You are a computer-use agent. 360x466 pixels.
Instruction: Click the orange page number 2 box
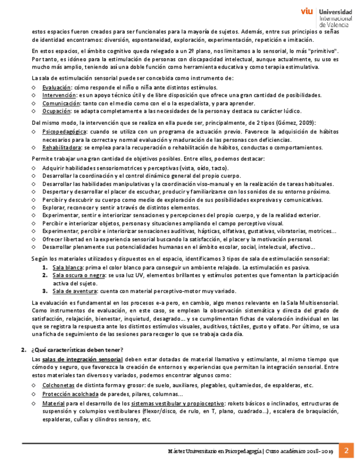[x=346, y=451]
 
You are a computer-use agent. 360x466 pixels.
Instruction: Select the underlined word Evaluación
[x=57, y=87]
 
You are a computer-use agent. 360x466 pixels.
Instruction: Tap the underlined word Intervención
[x=59, y=95]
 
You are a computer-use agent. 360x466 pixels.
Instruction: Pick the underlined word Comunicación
[x=61, y=103]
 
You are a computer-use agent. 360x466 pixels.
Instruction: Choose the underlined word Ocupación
[x=57, y=110]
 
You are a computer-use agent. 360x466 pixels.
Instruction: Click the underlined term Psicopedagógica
[x=64, y=132]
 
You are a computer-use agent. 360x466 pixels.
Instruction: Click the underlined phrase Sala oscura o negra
[x=78, y=275]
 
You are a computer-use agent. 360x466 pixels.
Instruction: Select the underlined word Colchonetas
[x=58, y=385]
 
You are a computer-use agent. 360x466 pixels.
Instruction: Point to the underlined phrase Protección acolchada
[x=70, y=394]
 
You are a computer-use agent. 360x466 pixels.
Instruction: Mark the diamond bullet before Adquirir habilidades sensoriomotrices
[x=34, y=168]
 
